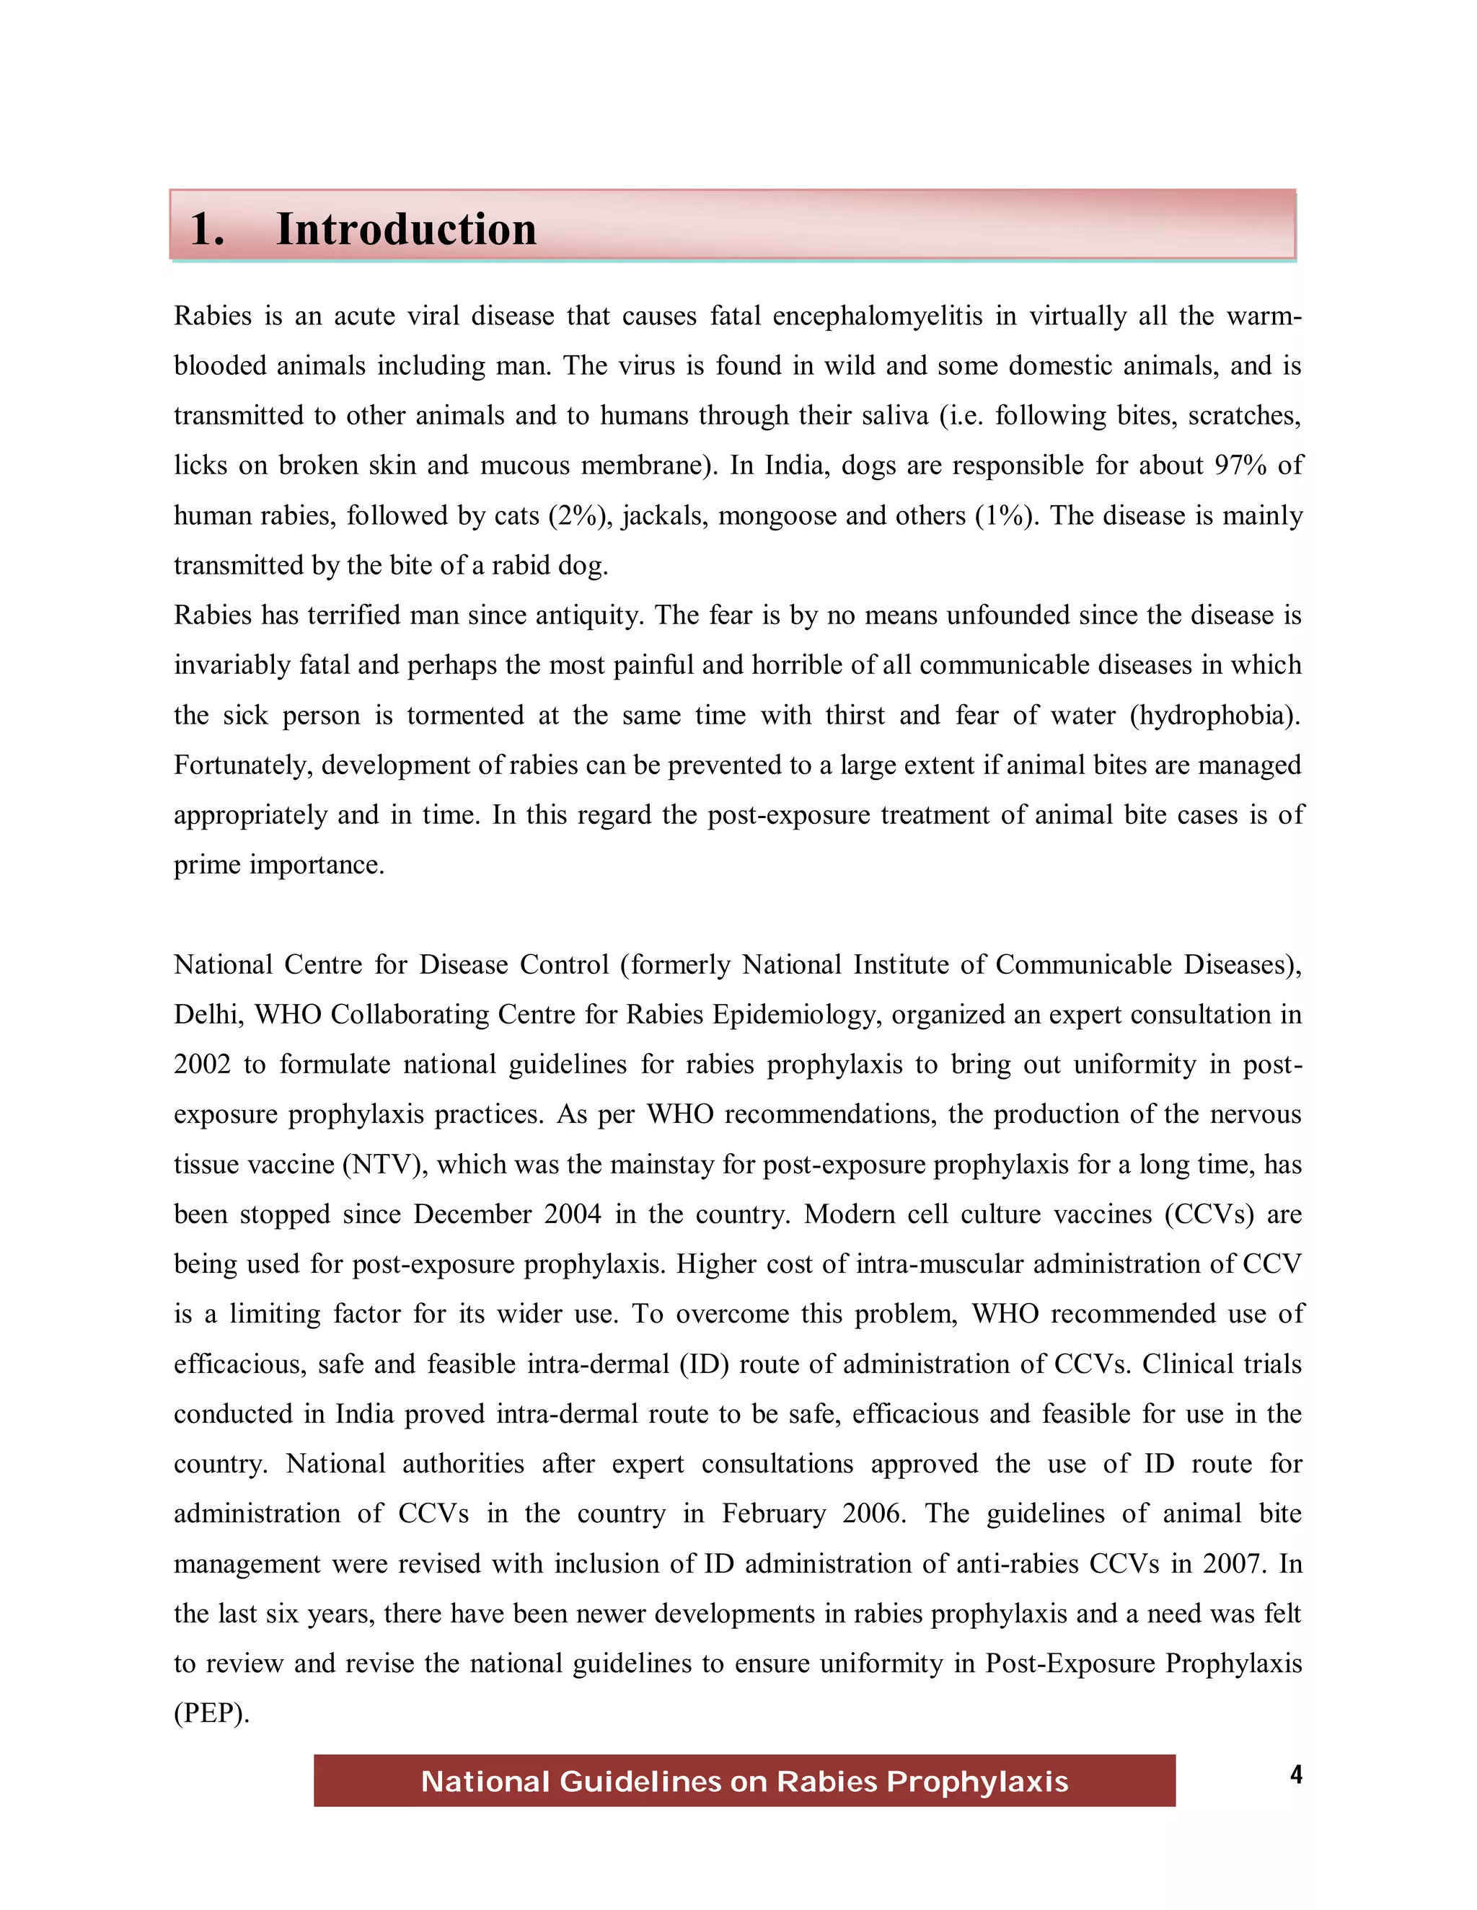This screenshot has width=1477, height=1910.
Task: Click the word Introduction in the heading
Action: [x=406, y=229]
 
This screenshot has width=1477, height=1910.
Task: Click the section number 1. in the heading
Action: [x=208, y=229]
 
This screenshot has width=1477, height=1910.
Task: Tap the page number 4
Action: [x=1296, y=1774]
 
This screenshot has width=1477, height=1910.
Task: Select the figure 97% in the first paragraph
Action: [x=1240, y=466]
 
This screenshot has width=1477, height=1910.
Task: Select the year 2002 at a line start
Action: [x=202, y=1065]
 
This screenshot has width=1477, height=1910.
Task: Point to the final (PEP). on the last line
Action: [x=212, y=1713]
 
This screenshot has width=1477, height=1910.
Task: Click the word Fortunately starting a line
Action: [x=242, y=765]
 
